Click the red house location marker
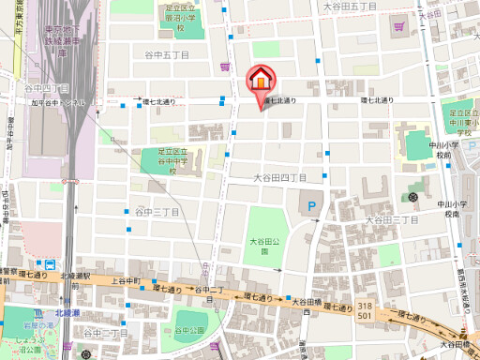[260, 79]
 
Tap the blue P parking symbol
[310, 202]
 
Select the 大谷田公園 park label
[264, 246]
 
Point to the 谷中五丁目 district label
[169, 55]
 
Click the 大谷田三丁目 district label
[392, 219]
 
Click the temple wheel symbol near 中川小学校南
[413, 198]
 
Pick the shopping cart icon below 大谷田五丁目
[401, 26]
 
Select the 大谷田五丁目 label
[350, 7]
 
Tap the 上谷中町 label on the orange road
[125, 280]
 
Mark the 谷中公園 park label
[190, 330]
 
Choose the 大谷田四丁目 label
[280, 176]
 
